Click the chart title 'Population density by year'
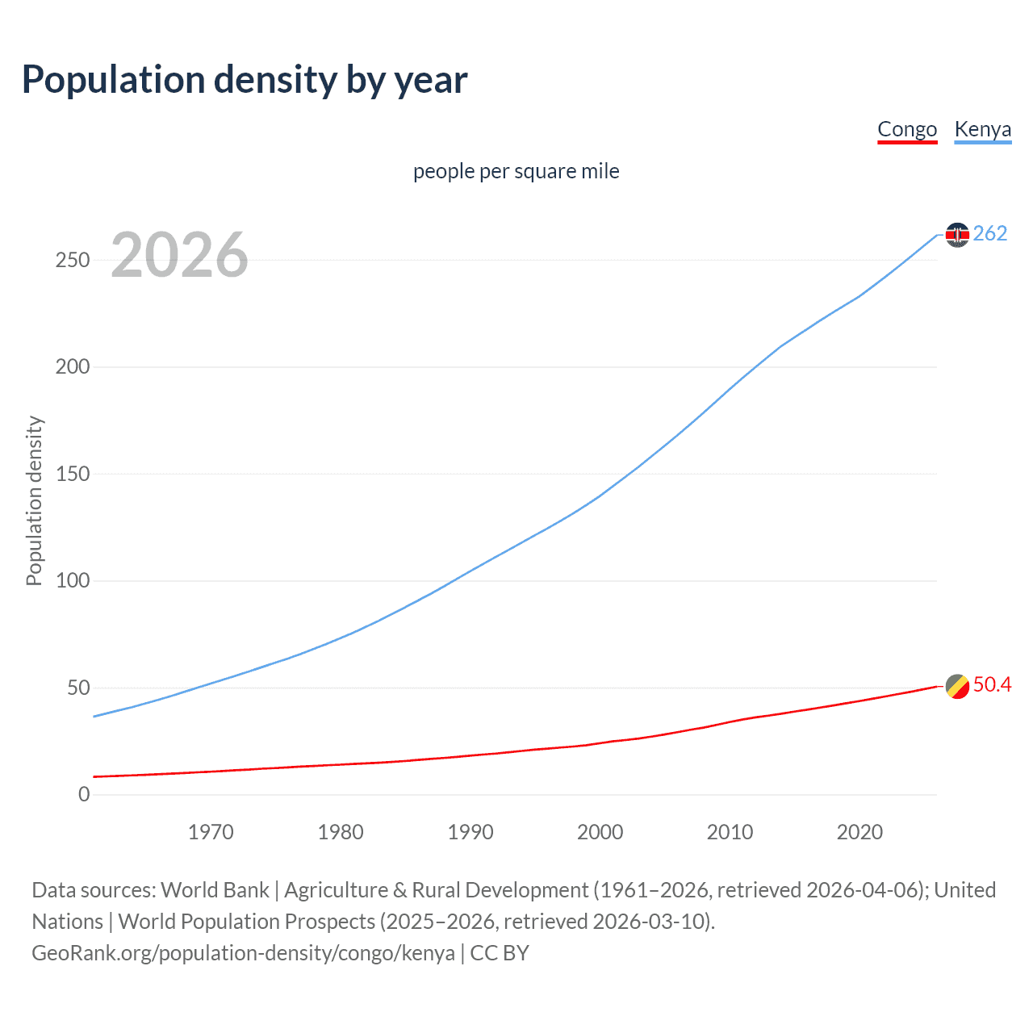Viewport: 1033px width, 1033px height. tap(245, 80)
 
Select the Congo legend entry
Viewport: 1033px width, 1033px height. tap(907, 129)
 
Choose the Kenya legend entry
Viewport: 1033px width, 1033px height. tap(982, 129)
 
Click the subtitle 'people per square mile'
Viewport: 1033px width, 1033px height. tap(516, 171)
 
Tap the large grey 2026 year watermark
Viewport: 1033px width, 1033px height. tap(179, 255)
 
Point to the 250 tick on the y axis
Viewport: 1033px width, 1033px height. tap(73, 260)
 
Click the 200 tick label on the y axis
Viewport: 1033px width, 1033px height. tap(73, 367)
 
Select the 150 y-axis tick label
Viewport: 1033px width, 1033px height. tap(73, 474)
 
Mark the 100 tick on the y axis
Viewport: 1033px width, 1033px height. tap(73, 581)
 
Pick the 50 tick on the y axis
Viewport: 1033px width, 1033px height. tap(78, 688)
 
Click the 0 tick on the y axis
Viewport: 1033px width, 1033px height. tap(84, 795)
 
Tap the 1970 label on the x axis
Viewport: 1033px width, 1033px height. tap(211, 832)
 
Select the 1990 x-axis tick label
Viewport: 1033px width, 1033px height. tap(470, 832)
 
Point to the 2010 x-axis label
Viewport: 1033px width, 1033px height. tap(730, 832)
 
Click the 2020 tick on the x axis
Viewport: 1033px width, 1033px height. tap(859, 832)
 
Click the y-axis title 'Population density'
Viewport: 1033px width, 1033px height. tap(34, 500)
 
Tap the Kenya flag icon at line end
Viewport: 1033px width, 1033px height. tap(957, 235)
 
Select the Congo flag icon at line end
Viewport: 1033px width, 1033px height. tap(957, 686)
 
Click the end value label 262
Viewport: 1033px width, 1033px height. tap(990, 233)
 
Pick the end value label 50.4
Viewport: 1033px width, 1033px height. tap(992, 684)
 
